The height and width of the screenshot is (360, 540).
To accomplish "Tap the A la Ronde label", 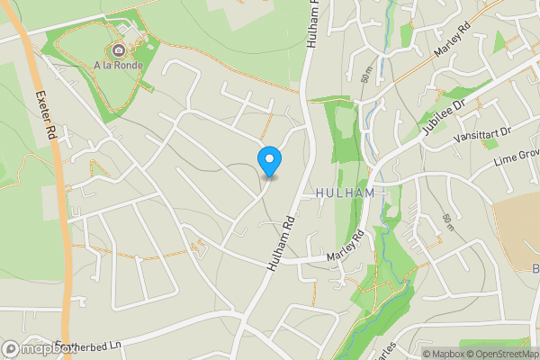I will pos(120,64).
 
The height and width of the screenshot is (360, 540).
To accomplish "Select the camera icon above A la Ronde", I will pos(120,49).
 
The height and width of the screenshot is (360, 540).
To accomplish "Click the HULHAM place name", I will pos(346,193).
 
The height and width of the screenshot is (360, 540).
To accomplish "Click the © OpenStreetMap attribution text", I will pos(498,354).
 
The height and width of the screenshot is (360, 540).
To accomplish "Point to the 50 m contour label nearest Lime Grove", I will pos(447,224).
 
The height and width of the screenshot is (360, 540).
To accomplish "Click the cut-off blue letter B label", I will pos(535,269).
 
